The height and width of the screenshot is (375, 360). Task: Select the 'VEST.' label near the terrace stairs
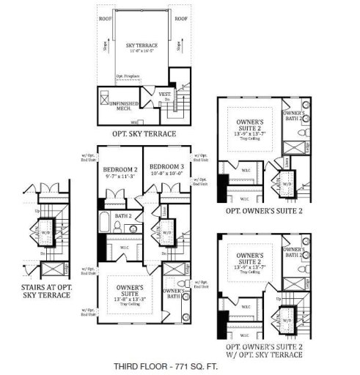tap(165, 93)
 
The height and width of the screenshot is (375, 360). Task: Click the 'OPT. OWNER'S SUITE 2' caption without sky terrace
tap(262, 211)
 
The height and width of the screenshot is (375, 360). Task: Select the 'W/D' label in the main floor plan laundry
tap(166, 233)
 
